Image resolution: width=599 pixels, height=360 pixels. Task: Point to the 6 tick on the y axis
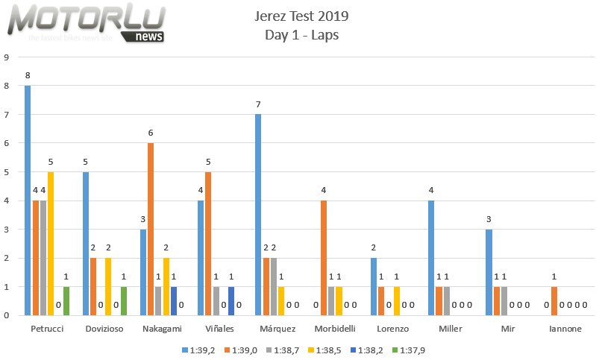click(6, 142)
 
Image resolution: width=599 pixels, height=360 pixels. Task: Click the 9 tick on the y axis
click(6, 57)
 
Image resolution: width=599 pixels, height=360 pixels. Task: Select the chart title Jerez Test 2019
click(301, 16)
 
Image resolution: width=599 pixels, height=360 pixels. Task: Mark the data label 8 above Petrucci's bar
click(28, 76)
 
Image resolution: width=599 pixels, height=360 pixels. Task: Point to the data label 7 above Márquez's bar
click(258, 105)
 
